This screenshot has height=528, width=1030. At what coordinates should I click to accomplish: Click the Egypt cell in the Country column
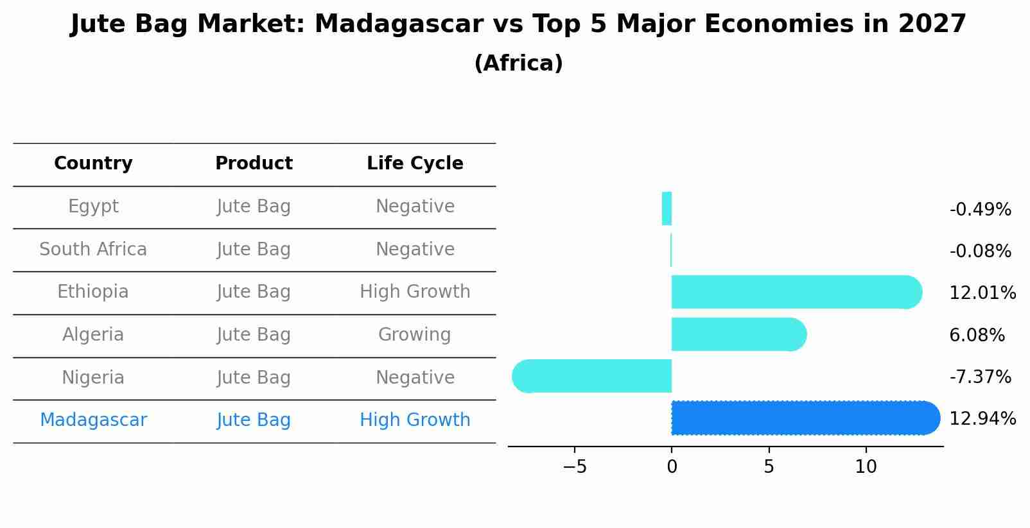click(x=93, y=207)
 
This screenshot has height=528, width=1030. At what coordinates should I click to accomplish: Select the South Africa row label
click(x=93, y=250)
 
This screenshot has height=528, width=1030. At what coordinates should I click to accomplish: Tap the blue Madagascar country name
click(x=93, y=420)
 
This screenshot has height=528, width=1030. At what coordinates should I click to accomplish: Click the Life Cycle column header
click(x=415, y=164)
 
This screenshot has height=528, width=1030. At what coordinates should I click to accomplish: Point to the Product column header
click(x=254, y=164)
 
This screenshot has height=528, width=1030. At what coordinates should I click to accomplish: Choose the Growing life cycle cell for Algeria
click(x=415, y=335)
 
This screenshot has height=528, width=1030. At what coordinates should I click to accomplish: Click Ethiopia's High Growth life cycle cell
click(x=415, y=292)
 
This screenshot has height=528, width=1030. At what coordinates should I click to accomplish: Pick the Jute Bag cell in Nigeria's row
click(x=254, y=378)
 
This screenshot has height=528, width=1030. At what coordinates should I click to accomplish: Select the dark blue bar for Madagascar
click(x=803, y=418)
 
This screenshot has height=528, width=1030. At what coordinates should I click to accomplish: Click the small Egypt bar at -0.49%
click(x=667, y=209)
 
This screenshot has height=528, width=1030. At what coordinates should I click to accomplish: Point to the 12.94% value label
click(x=982, y=419)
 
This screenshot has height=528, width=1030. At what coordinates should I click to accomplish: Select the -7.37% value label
click(x=980, y=377)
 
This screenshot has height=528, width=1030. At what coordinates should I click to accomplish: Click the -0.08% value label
click(x=980, y=251)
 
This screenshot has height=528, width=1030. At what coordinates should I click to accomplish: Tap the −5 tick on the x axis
click(x=575, y=467)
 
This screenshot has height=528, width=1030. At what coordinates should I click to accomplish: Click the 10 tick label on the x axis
click(x=866, y=467)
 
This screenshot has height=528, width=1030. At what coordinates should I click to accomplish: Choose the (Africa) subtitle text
click(x=518, y=64)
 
